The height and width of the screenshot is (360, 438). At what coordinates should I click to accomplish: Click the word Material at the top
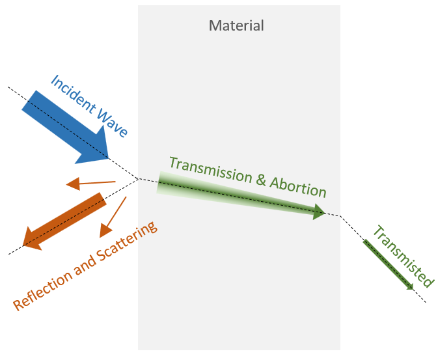pyautogui.click(x=236, y=27)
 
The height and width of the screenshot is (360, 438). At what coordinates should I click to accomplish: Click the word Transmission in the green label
pyautogui.click(x=209, y=171)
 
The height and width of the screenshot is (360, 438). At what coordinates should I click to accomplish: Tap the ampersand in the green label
pyautogui.click(x=260, y=181)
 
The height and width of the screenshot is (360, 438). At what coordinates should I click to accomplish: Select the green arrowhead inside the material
pyautogui.click(x=318, y=212)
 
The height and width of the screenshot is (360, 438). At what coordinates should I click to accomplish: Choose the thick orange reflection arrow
pyautogui.click(x=65, y=220)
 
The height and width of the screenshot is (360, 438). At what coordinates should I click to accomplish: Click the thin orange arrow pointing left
pyautogui.click(x=90, y=184)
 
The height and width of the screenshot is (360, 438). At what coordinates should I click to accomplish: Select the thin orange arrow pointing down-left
pyautogui.click(x=113, y=216)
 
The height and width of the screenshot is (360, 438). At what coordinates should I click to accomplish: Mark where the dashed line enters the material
pyautogui.click(x=139, y=178)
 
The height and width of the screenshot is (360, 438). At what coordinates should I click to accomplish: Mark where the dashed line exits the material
pyautogui.click(x=340, y=216)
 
